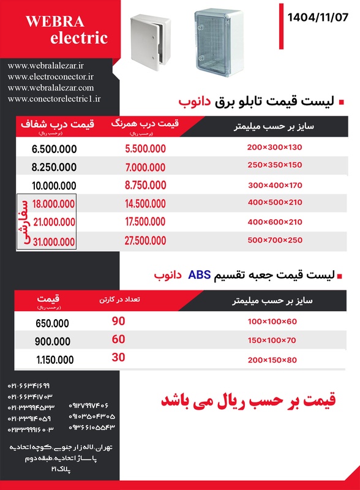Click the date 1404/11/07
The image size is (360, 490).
point(317,18)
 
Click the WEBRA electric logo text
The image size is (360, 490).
point(67,30)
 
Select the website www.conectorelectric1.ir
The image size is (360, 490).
point(54,98)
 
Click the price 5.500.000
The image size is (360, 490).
point(145,149)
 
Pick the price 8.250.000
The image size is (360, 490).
point(54,167)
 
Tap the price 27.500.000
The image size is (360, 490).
point(145,241)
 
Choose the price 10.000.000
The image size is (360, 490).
point(54,186)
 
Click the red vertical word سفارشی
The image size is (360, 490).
point(25,222)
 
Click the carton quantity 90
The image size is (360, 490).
point(118,321)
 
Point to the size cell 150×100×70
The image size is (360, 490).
point(271,340)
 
